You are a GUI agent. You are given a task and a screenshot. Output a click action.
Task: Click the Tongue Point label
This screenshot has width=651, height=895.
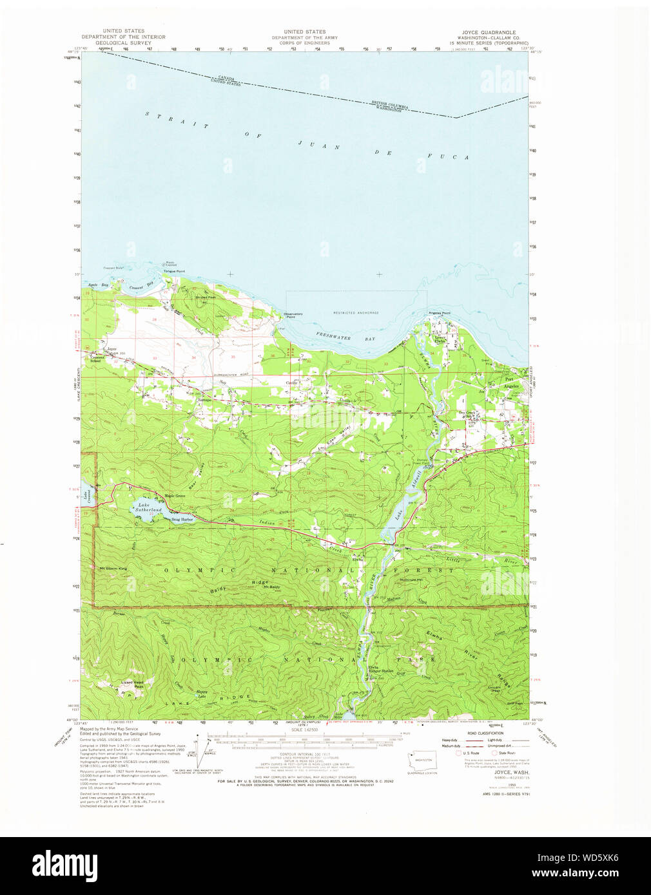174,271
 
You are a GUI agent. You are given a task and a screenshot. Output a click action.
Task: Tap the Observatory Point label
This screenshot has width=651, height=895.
293,315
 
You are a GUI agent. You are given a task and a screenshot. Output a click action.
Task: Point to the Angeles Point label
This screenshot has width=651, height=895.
440,313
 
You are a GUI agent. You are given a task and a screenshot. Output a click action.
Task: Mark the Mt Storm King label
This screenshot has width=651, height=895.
113,569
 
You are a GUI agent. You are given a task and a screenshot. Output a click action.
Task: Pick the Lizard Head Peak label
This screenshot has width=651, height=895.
132,684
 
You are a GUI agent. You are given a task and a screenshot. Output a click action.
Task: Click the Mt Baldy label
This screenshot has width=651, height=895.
271,587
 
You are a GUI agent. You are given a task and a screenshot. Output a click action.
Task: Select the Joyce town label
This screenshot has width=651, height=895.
112,349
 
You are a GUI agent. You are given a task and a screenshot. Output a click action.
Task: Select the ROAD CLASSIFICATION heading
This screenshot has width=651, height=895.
486,733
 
